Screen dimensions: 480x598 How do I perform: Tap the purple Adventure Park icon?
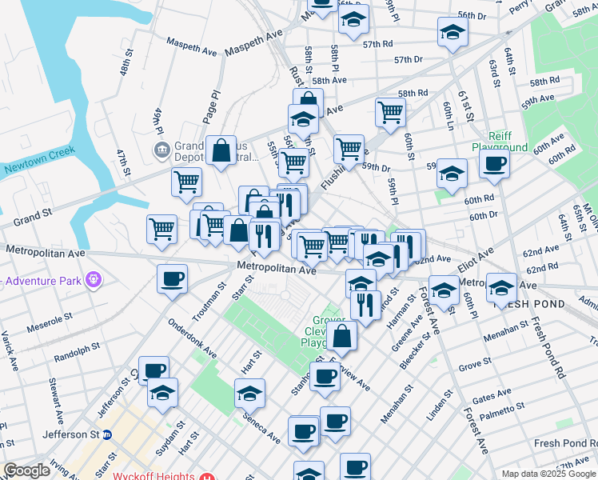(x=94, y=281)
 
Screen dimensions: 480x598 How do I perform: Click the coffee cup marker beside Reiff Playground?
(x=494, y=165)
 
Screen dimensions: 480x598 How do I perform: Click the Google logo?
(x=26, y=470)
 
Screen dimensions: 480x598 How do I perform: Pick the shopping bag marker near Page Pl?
(x=221, y=151)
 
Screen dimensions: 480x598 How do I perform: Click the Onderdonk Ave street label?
(x=192, y=339)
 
